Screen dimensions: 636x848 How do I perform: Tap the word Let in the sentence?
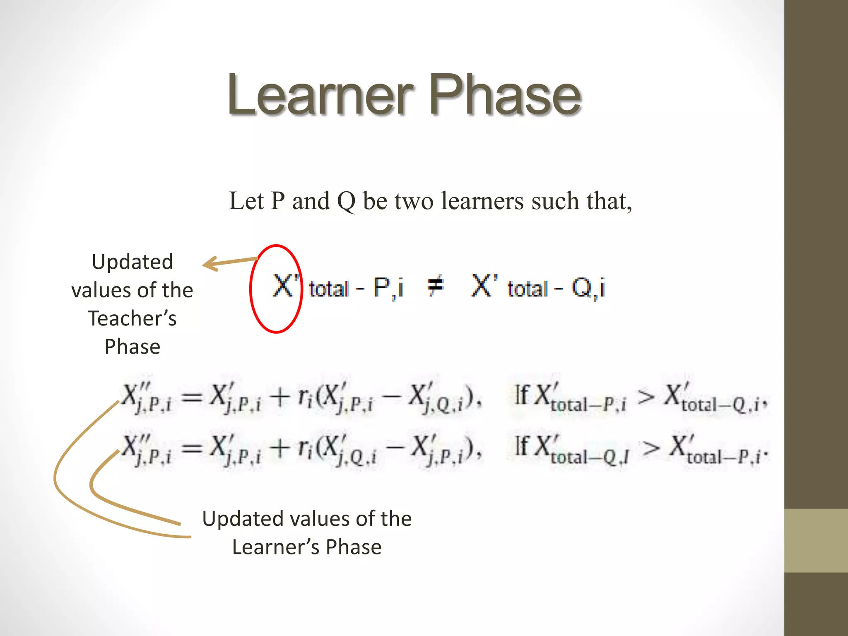pyautogui.click(x=246, y=201)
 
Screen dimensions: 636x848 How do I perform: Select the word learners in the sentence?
pyautogui.click(x=483, y=201)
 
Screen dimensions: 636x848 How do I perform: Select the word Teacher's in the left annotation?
pyautogui.click(x=132, y=318)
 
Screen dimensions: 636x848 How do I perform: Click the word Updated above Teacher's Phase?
pyautogui.click(x=132, y=262)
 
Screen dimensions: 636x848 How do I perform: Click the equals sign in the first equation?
pyautogui.click(x=192, y=398)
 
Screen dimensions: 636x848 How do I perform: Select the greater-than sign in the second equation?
pyautogui.click(x=651, y=448)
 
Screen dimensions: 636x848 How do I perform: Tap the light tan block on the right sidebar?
pyautogui.click(x=816, y=540)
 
